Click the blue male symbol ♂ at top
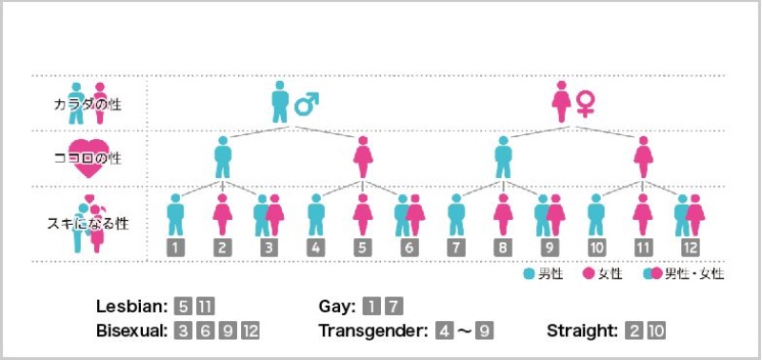click(x=306, y=102)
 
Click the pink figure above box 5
click(x=363, y=214)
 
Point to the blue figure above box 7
click(x=455, y=214)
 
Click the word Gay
click(x=337, y=307)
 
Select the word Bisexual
click(x=131, y=331)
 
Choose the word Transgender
click(x=372, y=331)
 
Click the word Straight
click(x=582, y=331)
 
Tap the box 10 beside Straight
click(x=656, y=331)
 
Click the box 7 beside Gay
click(x=392, y=307)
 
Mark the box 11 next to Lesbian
click(x=205, y=307)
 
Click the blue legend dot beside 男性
click(x=530, y=274)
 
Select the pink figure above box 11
click(x=643, y=214)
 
